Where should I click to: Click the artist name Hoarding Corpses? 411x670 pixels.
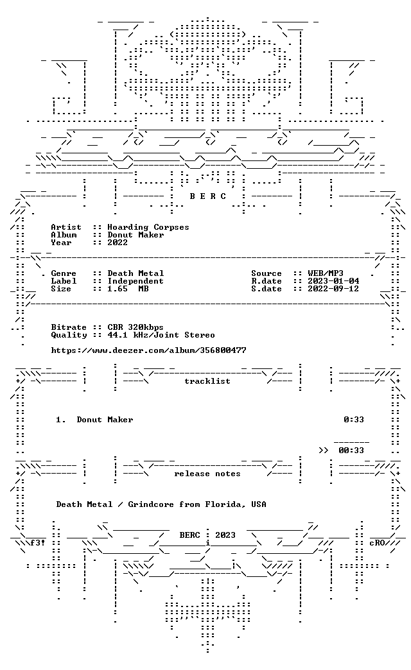[x=148, y=227]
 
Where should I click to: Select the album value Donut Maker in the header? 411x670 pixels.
[x=136, y=235]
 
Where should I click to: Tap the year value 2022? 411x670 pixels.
[x=118, y=243]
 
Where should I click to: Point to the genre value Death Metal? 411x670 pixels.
[x=136, y=273]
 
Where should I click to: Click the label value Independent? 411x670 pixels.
[x=136, y=281]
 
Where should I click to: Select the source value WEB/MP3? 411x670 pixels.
[x=326, y=273]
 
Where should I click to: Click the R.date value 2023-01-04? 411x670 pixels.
[x=333, y=281]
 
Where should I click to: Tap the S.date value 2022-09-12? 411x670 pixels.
[x=333, y=289]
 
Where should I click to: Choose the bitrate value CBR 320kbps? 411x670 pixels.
[x=136, y=328]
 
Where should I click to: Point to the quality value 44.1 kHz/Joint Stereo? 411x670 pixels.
[x=161, y=336]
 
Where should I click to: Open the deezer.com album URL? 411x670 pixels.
[x=148, y=351]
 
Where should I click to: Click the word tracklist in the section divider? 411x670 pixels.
[x=207, y=381]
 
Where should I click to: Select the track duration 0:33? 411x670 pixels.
[x=354, y=420]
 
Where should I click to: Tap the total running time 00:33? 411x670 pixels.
[x=351, y=451]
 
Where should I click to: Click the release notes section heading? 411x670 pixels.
[x=207, y=474]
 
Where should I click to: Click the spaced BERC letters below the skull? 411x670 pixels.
[x=208, y=196]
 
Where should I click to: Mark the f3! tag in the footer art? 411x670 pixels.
[x=38, y=543]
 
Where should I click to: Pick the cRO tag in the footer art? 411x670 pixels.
[x=377, y=543]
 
